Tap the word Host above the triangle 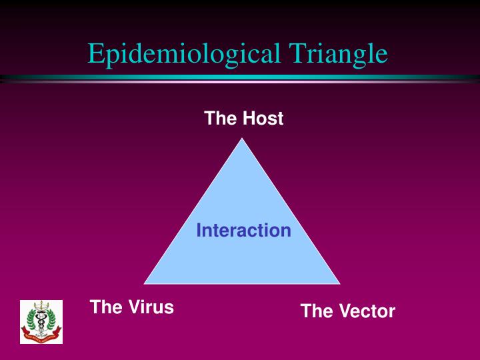263,119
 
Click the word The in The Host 221,119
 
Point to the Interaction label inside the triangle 243,231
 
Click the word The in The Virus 105,307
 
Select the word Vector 366,311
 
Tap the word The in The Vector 316,311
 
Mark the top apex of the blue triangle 243,139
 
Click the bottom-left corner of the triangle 145,283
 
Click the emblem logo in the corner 41,322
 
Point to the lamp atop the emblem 41,306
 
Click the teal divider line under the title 240,78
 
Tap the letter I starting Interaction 199,231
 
